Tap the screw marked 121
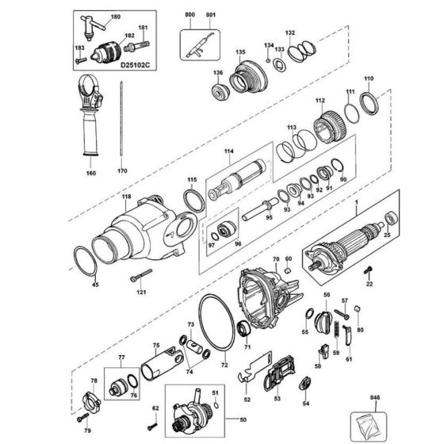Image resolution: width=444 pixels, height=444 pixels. (141, 276)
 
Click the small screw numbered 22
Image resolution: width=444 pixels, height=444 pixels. (369, 272)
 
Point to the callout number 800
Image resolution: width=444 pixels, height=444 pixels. (189, 16)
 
